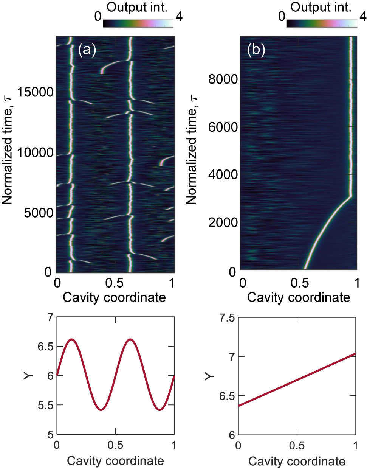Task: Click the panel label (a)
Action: (87, 50)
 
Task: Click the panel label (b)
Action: (256, 50)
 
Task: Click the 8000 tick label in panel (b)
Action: (223, 79)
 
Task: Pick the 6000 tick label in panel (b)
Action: (223, 127)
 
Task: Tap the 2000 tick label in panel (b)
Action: (223, 222)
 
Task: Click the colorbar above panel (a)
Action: (138, 23)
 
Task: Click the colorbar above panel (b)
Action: (322, 23)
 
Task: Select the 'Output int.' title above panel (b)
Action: (321, 7)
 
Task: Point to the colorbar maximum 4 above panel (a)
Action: (179, 17)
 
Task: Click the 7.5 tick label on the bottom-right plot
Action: (227, 318)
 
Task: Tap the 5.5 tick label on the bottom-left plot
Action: (45, 405)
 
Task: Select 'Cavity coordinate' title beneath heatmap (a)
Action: (114, 297)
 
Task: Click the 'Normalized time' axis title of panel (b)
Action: (192, 150)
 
